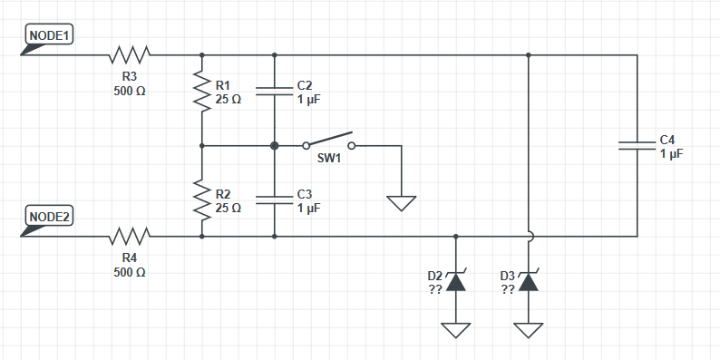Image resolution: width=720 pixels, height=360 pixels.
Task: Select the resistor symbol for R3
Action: tap(130, 54)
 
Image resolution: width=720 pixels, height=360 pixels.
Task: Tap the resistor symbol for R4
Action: tap(130, 236)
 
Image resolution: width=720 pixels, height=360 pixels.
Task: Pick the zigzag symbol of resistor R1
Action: tap(202, 91)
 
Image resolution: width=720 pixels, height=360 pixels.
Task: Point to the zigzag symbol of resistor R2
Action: tap(202, 199)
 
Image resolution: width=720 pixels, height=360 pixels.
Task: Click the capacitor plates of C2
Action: tap(274, 91)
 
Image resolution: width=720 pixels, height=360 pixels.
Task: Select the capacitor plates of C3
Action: tap(274, 199)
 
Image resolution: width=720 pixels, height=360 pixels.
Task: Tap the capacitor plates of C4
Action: tap(637, 146)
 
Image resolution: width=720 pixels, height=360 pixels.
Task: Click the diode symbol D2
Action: tap(455, 281)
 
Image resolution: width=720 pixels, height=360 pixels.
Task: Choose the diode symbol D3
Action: tap(528, 281)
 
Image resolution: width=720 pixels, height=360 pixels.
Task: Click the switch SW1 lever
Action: tap(329, 139)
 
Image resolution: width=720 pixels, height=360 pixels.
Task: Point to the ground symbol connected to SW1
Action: tap(402, 203)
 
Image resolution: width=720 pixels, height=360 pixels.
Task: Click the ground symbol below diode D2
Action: tap(455, 331)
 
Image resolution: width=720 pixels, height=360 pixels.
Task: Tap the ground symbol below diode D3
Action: tap(528, 331)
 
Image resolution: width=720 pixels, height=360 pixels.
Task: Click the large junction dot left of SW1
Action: tap(275, 146)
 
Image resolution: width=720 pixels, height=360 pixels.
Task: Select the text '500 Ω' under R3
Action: tap(130, 91)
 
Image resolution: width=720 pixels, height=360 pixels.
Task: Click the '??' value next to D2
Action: tap(435, 289)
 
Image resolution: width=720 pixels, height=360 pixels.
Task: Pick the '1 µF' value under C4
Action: tap(672, 154)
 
